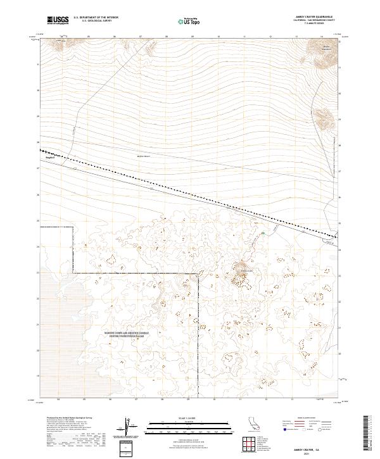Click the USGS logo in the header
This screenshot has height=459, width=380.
coord(58,20)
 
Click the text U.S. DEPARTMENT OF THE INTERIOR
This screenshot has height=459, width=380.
coord(96,18)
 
